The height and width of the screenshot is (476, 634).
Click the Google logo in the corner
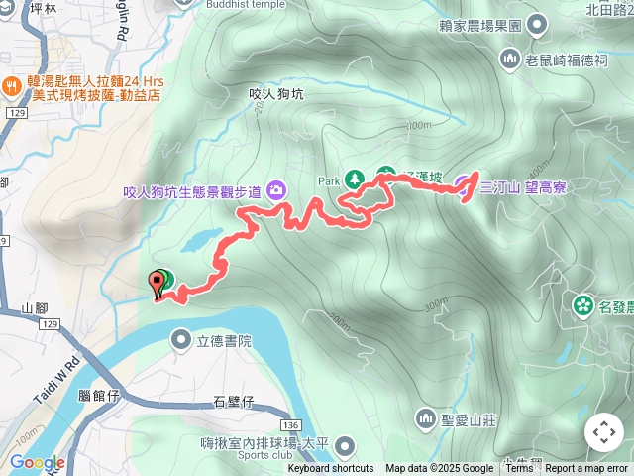click(38, 463)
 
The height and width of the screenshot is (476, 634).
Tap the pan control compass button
click(604, 432)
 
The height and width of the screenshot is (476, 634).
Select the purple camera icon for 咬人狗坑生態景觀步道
click(275, 188)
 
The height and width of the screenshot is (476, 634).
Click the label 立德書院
click(225, 341)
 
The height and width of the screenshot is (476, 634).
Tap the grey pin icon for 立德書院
click(181, 341)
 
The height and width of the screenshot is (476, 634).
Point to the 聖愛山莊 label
click(469, 419)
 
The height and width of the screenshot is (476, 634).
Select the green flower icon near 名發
click(582, 305)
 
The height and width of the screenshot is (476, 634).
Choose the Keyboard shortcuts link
click(331, 469)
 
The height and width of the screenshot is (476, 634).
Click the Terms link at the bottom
click(519, 469)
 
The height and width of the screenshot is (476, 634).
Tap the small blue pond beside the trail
click(203, 241)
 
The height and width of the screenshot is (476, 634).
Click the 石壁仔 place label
click(235, 402)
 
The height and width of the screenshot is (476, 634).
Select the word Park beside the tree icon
click(328, 181)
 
